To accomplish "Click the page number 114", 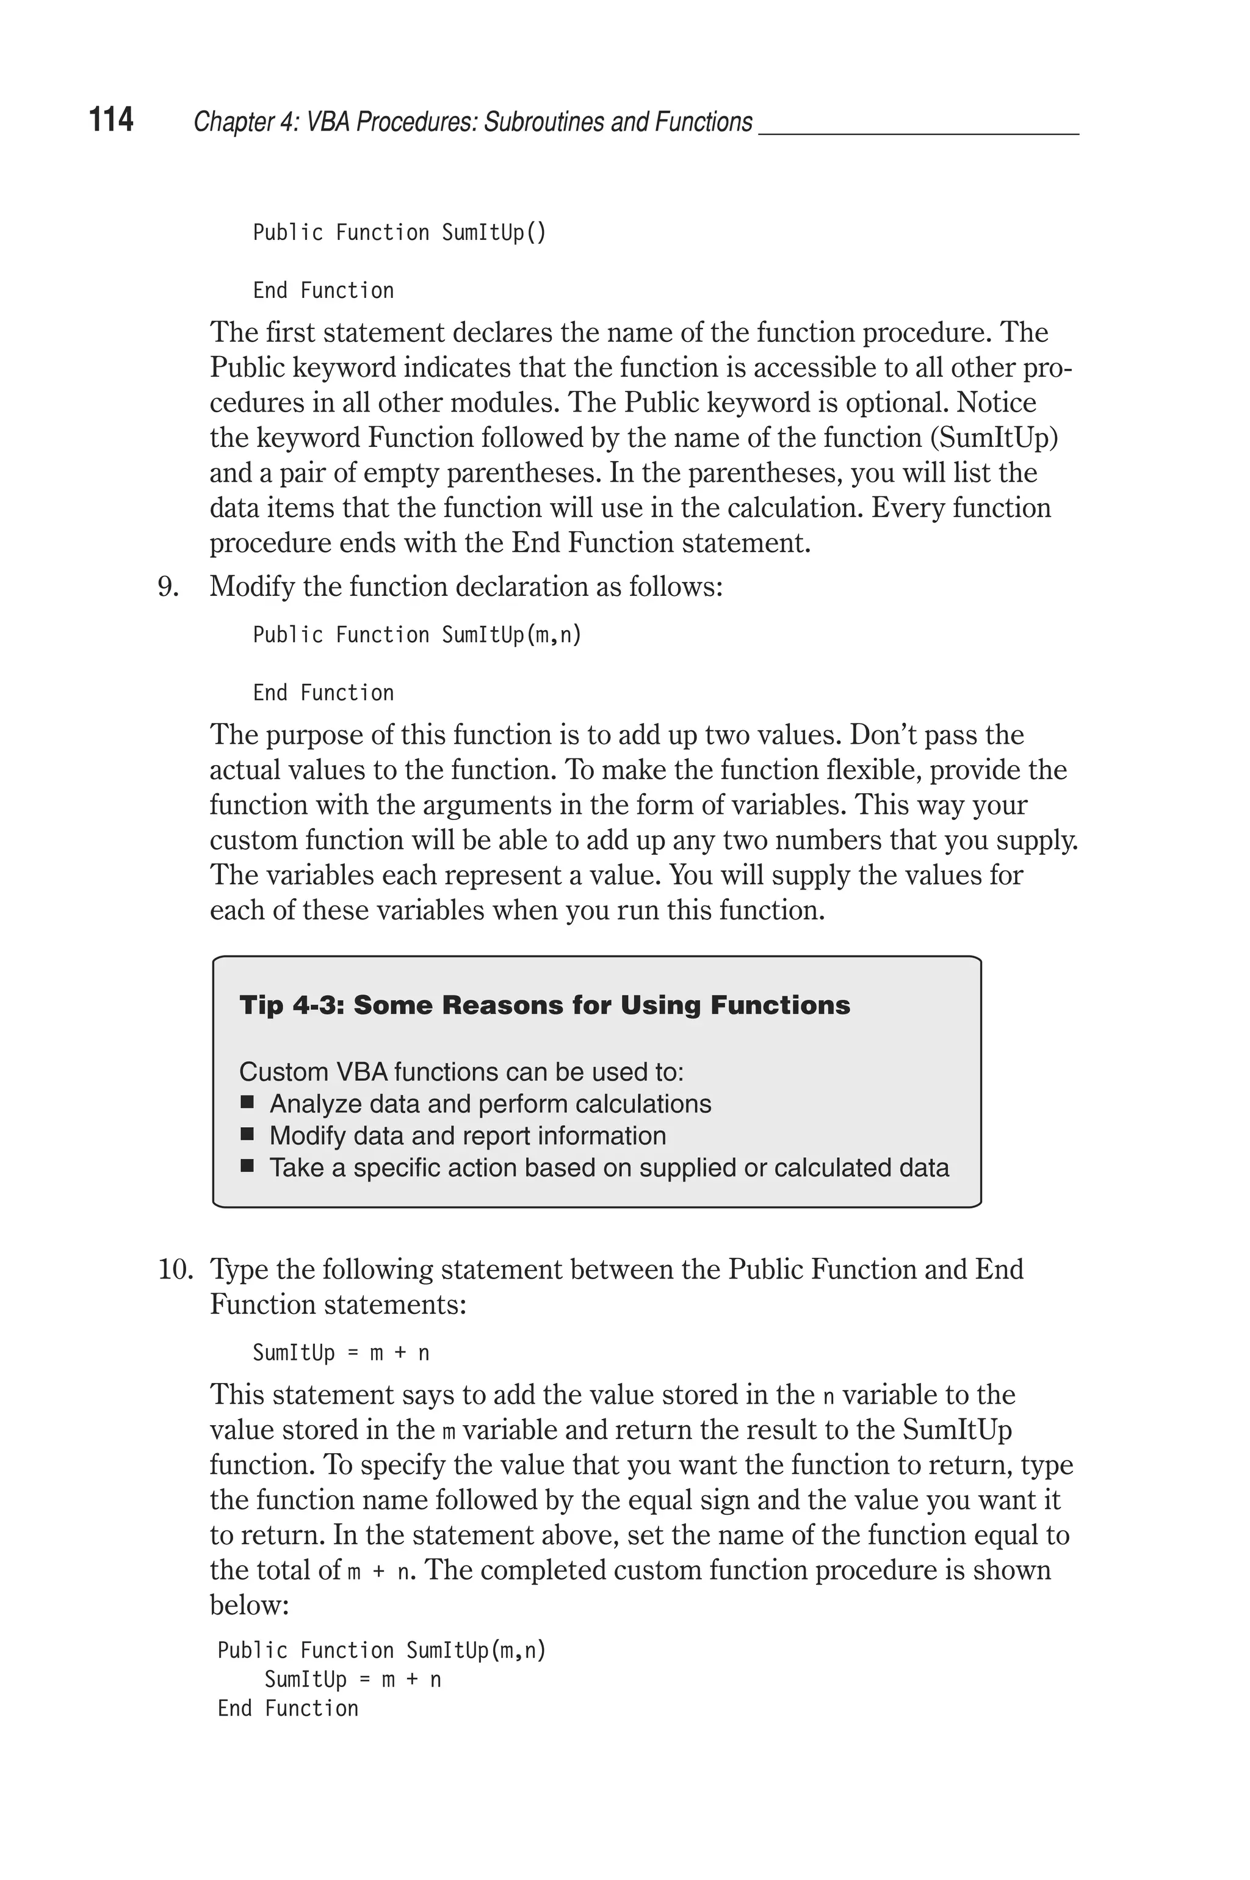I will coord(111,120).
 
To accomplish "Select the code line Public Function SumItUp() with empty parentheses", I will coord(399,233).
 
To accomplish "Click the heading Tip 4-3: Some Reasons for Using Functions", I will coord(544,1006).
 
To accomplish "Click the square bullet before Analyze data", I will coord(247,1103).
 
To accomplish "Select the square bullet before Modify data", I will coord(247,1135).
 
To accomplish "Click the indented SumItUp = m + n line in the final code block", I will coord(352,1680).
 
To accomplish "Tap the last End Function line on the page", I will coord(288,1708).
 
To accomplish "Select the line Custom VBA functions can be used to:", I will coord(461,1072).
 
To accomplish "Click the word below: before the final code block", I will coord(249,1604).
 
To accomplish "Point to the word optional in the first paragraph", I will coord(896,402).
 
